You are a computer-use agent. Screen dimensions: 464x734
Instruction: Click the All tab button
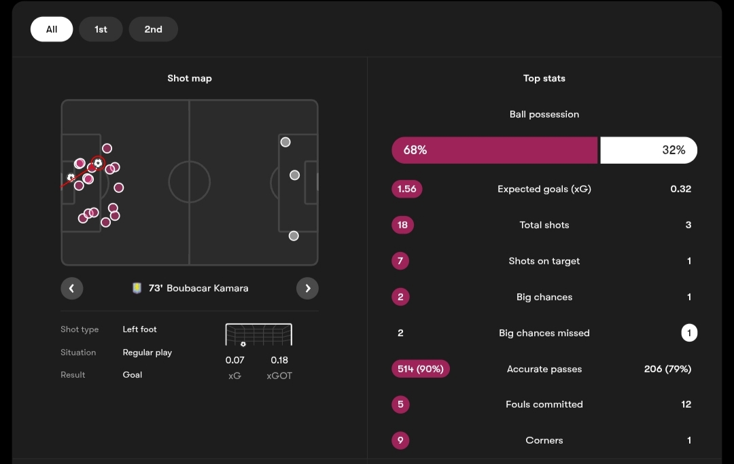pos(52,29)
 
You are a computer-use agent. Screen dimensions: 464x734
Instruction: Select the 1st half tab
pos(101,29)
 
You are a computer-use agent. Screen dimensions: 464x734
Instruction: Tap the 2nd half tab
pos(153,29)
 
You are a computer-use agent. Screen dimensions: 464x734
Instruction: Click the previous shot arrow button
pos(72,288)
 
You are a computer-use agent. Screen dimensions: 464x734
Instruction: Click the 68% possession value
pos(415,150)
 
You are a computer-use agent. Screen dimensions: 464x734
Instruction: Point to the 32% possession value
pos(674,150)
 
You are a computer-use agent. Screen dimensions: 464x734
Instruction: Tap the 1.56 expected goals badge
pos(406,189)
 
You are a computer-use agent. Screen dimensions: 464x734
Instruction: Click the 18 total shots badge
pos(402,225)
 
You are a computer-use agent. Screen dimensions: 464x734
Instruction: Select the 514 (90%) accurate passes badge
pos(421,369)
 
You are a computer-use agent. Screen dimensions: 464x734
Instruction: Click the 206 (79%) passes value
pos(667,369)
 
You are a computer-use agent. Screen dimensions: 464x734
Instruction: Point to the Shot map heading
pos(190,78)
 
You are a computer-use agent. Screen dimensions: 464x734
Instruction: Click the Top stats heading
pos(544,78)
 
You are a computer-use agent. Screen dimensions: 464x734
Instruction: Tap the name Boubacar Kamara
pos(207,288)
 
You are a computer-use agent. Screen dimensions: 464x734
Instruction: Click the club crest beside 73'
pos(137,288)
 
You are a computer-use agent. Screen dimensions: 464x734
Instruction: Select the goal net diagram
pos(258,335)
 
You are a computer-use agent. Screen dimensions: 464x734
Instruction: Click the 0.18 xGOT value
pos(279,360)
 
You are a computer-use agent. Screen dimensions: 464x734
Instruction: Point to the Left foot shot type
pos(139,329)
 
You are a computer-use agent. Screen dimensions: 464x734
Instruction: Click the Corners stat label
pos(544,440)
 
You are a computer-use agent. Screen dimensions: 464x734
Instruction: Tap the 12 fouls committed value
pos(686,404)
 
